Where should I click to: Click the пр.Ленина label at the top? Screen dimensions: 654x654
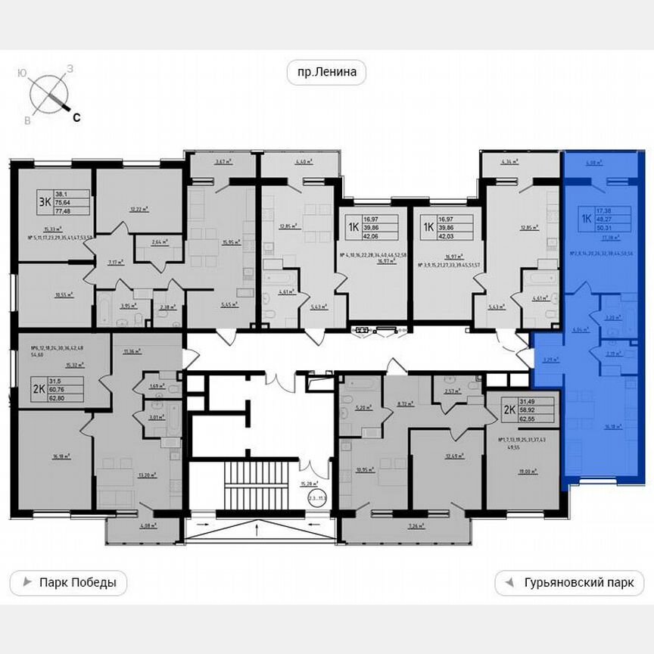[326, 73]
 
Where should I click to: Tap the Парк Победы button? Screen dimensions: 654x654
[68, 583]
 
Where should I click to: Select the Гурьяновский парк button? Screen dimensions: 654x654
[569, 583]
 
